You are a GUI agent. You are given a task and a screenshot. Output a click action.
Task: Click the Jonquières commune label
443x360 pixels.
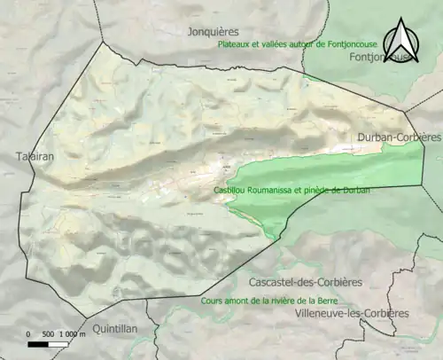point(214,32)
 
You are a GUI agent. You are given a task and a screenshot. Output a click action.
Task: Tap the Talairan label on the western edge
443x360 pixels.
point(35,157)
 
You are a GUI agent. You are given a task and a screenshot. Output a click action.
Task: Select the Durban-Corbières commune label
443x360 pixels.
point(399,137)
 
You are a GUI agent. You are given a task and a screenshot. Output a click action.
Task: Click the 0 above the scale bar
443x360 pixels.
point(29,334)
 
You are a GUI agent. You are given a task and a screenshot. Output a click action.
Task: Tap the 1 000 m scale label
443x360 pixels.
point(72,334)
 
